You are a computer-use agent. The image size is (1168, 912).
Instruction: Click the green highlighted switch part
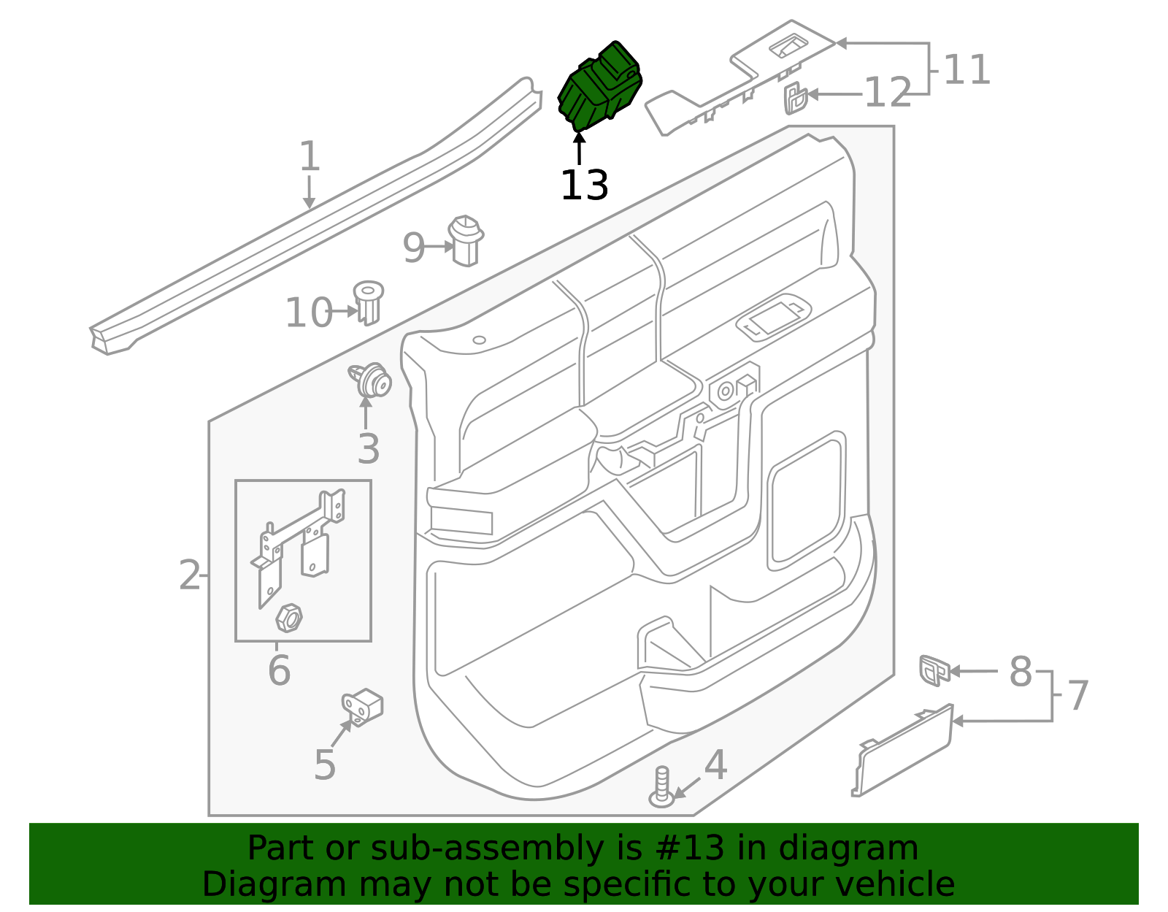coord(599,86)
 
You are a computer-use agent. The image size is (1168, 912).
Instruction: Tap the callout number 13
coord(584,185)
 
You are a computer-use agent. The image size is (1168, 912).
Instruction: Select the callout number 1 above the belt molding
coord(310,157)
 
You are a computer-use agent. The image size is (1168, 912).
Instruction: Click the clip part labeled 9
coord(466,240)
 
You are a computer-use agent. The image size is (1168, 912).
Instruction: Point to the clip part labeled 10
coord(369,302)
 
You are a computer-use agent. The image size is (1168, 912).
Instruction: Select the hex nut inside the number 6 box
coord(289,618)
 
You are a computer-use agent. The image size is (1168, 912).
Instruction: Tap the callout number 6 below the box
coord(279,671)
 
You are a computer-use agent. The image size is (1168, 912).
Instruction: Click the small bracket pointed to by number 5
coord(364,705)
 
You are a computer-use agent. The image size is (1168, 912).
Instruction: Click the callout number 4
coord(715,765)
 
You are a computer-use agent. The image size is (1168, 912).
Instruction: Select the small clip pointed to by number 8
coord(934,670)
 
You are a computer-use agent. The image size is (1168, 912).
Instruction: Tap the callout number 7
coord(1078,695)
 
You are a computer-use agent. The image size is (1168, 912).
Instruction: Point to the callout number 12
coord(888,93)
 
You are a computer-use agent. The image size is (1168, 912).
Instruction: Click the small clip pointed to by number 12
coord(795,98)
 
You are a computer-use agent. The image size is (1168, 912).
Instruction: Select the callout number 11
coord(967,70)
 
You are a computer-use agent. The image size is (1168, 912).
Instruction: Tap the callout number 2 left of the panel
coord(190,575)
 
